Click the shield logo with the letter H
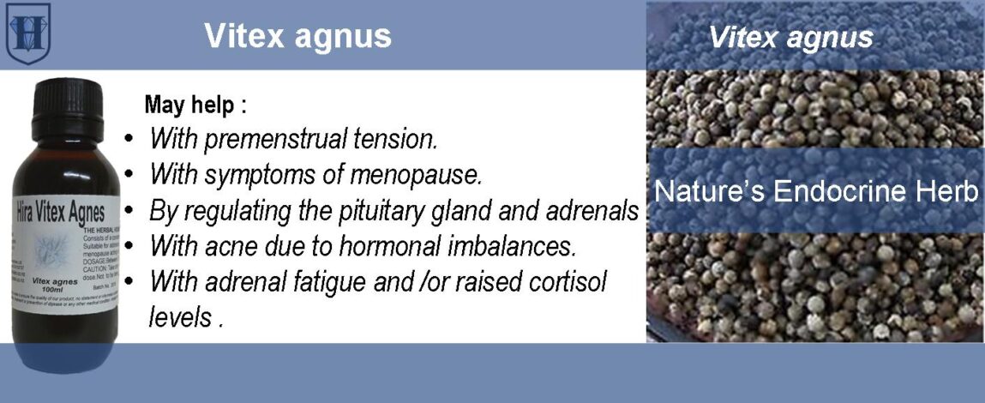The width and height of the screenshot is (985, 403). pos(28,33)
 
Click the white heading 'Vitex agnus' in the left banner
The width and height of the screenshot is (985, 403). pos(297,36)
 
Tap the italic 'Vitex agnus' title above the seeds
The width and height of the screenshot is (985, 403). pos(790,37)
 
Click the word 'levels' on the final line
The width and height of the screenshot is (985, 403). pos(179,316)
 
